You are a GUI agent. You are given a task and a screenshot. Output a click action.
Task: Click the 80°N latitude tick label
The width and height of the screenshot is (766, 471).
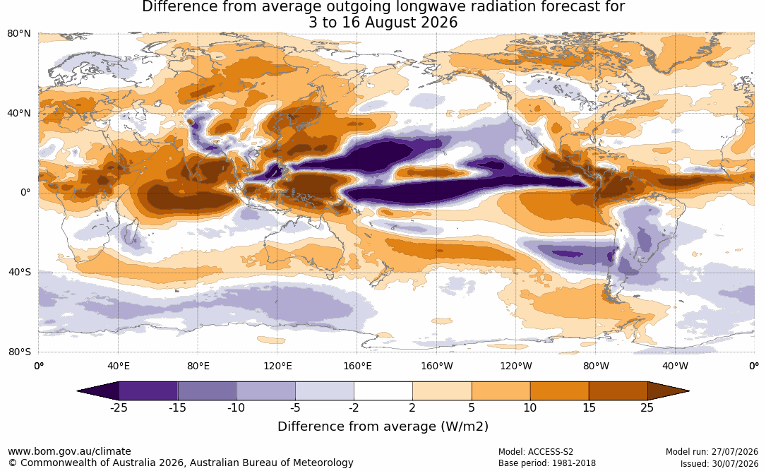pyautogui.click(x=19, y=34)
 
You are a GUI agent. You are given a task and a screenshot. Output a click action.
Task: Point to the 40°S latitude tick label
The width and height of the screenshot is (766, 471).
pyautogui.click(x=20, y=272)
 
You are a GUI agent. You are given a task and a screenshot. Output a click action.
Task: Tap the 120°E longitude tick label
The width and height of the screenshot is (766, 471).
pyautogui.click(x=277, y=366)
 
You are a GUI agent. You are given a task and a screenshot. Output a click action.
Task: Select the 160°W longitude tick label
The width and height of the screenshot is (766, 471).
pyautogui.click(x=437, y=366)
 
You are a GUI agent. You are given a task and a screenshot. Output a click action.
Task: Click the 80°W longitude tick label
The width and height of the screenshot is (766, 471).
pyautogui.click(x=596, y=366)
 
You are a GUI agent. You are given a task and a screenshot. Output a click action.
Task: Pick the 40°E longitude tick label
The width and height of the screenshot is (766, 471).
pyautogui.click(x=118, y=366)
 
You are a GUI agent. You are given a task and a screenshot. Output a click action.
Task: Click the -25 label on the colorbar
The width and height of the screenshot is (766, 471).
pyautogui.click(x=118, y=408)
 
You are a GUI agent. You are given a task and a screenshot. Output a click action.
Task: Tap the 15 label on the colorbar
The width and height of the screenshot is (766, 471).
pyautogui.click(x=589, y=408)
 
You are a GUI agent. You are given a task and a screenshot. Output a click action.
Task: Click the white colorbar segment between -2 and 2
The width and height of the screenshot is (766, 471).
pyautogui.click(x=383, y=391)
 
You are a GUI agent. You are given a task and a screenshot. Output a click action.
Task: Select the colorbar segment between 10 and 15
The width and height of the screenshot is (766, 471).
pyautogui.click(x=559, y=391)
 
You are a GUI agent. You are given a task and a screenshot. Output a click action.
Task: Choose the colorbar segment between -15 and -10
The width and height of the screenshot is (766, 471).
pyautogui.click(x=207, y=391)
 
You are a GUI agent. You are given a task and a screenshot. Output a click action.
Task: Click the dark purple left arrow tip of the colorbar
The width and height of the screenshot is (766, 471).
pyautogui.click(x=78, y=391)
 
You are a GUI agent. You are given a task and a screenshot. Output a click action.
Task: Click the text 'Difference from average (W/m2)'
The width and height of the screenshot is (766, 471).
pyautogui.click(x=383, y=427)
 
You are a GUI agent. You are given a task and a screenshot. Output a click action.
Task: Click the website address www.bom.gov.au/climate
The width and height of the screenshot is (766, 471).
pyautogui.click(x=69, y=451)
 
